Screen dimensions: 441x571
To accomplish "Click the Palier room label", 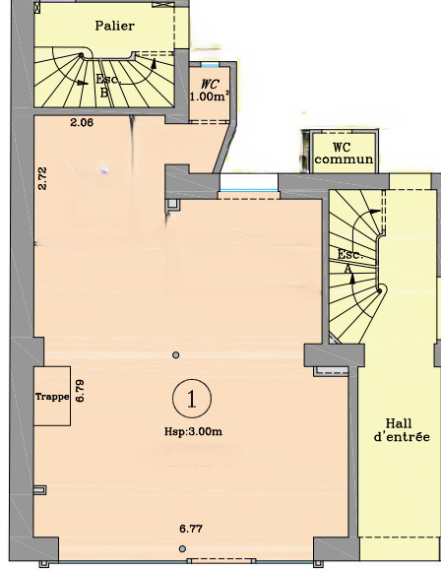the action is click(x=115, y=26).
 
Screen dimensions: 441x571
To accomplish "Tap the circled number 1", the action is click(x=192, y=399).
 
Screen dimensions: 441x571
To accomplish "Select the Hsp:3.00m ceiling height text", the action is click(x=193, y=431).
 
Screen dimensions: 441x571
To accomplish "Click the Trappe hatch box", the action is click(x=52, y=396).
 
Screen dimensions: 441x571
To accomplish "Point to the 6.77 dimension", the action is click(x=191, y=529).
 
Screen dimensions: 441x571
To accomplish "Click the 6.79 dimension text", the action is click(x=80, y=391).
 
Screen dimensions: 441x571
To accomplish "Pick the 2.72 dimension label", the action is click(x=42, y=178).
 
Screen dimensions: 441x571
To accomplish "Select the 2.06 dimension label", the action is click(x=82, y=123).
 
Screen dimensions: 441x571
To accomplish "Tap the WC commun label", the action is click(x=344, y=154).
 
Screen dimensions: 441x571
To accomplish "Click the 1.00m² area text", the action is click(x=210, y=96).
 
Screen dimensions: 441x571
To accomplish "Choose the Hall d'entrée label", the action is click(x=402, y=429).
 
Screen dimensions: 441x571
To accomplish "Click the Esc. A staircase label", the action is click(x=349, y=261).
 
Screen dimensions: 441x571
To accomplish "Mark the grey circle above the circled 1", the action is click(x=176, y=354).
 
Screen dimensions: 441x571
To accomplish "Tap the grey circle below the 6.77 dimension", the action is click(x=182, y=548).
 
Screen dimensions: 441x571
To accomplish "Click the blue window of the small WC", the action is click(x=210, y=65).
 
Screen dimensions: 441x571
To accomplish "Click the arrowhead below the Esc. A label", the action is click(x=352, y=279).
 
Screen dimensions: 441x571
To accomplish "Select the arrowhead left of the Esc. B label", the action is click(x=83, y=83).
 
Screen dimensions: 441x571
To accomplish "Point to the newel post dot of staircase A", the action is click(x=379, y=291).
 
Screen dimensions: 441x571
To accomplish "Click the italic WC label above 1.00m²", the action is click(x=210, y=85).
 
